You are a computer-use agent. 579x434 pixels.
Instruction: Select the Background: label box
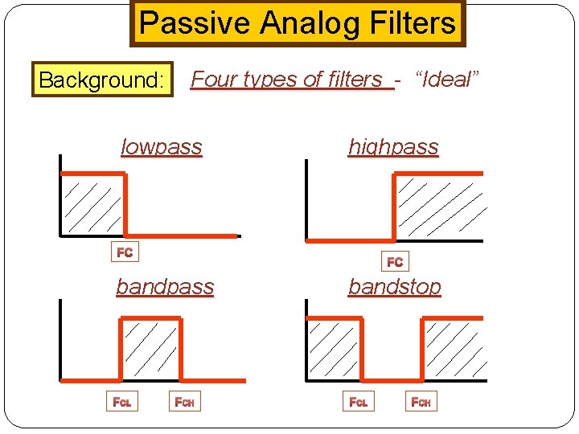pyautogui.click(x=102, y=80)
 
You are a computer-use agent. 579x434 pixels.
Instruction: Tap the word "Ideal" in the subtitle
pyautogui.click(x=447, y=79)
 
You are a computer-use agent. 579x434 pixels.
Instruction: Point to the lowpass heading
pyautogui.click(x=161, y=147)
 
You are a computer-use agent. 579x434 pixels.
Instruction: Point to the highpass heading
pyautogui.click(x=393, y=147)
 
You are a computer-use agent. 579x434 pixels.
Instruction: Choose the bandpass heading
pyautogui.click(x=165, y=287)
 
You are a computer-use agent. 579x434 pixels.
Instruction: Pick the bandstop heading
pyautogui.click(x=394, y=287)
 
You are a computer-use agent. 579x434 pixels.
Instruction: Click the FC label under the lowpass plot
pyautogui.click(x=125, y=253)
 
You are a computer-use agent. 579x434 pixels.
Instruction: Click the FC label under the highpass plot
pyautogui.click(x=395, y=262)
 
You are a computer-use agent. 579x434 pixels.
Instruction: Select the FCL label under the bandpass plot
pyautogui.click(x=123, y=401)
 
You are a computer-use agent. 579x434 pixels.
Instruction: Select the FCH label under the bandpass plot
pyautogui.click(x=186, y=401)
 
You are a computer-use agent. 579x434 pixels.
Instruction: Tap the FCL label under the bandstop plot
pyautogui.click(x=358, y=401)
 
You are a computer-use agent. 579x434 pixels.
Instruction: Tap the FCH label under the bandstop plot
pyautogui.click(x=421, y=401)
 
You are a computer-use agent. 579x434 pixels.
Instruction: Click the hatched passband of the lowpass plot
pyautogui.click(x=92, y=205)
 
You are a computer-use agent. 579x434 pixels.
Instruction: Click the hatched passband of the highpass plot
pyautogui.click(x=439, y=207)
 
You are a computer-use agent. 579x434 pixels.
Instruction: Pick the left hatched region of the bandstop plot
pyautogui.click(x=334, y=350)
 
